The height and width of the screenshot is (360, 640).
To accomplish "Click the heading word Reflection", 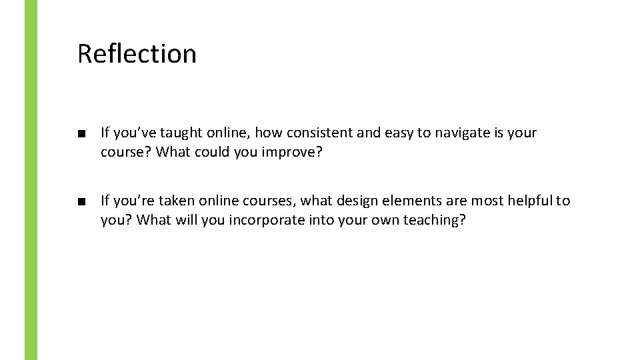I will [x=137, y=53].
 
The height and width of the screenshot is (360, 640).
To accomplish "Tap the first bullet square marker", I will [x=81, y=133].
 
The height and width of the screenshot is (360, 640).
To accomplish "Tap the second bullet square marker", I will [x=81, y=201].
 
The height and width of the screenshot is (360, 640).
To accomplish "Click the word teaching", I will [x=433, y=220].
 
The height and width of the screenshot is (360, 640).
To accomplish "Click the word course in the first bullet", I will [x=125, y=152].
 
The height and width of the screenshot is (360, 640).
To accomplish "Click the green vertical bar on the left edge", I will [x=31, y=180].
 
